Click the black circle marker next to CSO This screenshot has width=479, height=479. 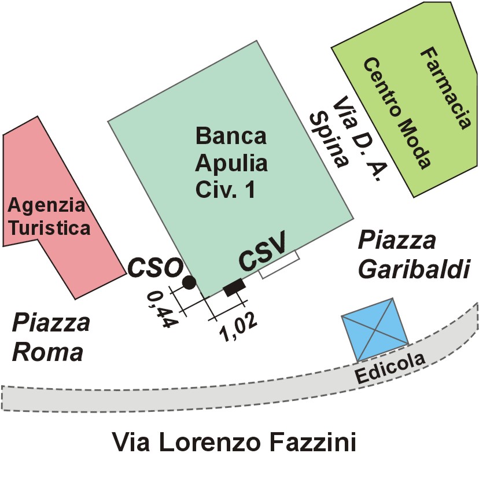[x=189, y=282]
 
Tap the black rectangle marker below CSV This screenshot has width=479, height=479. [x=234, y=288]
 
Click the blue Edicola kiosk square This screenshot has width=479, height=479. [x=374, y=328]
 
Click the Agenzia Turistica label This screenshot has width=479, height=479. [x=49, y=216]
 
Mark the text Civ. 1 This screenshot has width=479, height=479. [x=225, y=190]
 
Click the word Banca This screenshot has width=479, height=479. [x=231, y=137]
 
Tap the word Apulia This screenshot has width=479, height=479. [x=231, y=163]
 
